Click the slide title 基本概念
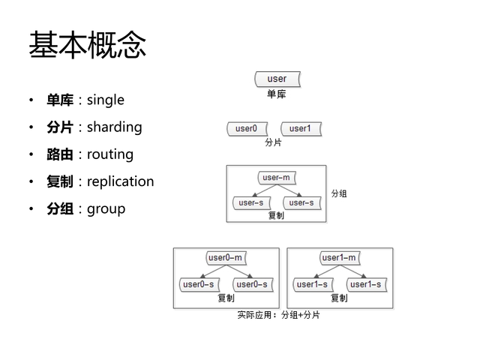(87, 45)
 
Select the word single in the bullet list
(106, 100)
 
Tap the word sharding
(114, 127)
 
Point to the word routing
(110, 154)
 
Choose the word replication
(120, 181)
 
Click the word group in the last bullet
(106, 208)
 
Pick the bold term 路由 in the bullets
(60, 154)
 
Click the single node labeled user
(277, 78)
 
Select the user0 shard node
(247, 128)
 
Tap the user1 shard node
(300, 128)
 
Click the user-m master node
(276, 178)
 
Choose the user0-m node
(226, 258)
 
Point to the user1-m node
(339, 258)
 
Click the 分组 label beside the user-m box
(339, 193)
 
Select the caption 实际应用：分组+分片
(279, 315)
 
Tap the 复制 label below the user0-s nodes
(226, 298)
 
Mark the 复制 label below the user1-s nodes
(339, 298)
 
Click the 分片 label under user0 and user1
(273, 142)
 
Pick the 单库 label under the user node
(276, 94)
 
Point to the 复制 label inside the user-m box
(276, 215)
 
